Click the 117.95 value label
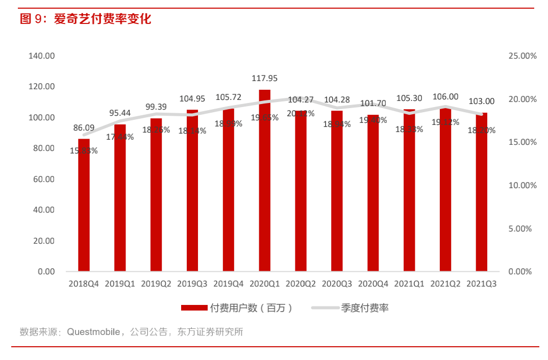[265, 78]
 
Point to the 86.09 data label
[84, 127]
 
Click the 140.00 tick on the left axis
[41, 56]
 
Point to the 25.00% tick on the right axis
[522, 56]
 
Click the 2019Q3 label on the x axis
[192, 284]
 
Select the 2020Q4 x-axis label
[373, 284]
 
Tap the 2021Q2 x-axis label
[445, 284]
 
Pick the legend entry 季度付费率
[365, 307]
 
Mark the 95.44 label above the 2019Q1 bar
[120, 113]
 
